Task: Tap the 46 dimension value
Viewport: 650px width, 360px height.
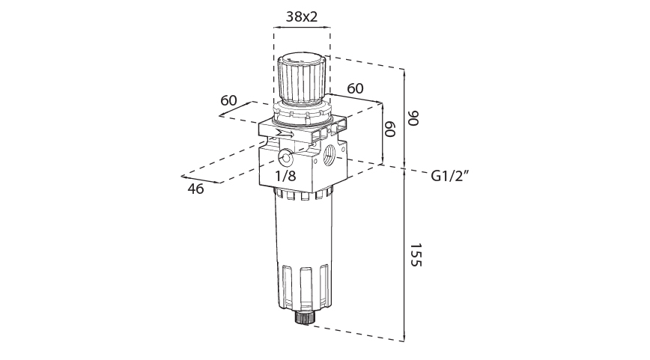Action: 196,189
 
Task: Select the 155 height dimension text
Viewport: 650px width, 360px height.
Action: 414,255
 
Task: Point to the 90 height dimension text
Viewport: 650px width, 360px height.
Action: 414,118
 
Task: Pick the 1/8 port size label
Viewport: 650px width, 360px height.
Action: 285,177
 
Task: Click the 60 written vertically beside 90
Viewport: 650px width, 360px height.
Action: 390,128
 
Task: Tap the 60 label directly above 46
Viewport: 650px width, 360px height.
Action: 229,100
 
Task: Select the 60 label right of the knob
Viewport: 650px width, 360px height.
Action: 355,88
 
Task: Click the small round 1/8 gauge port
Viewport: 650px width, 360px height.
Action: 285,157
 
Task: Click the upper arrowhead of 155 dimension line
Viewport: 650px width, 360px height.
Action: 405,174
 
